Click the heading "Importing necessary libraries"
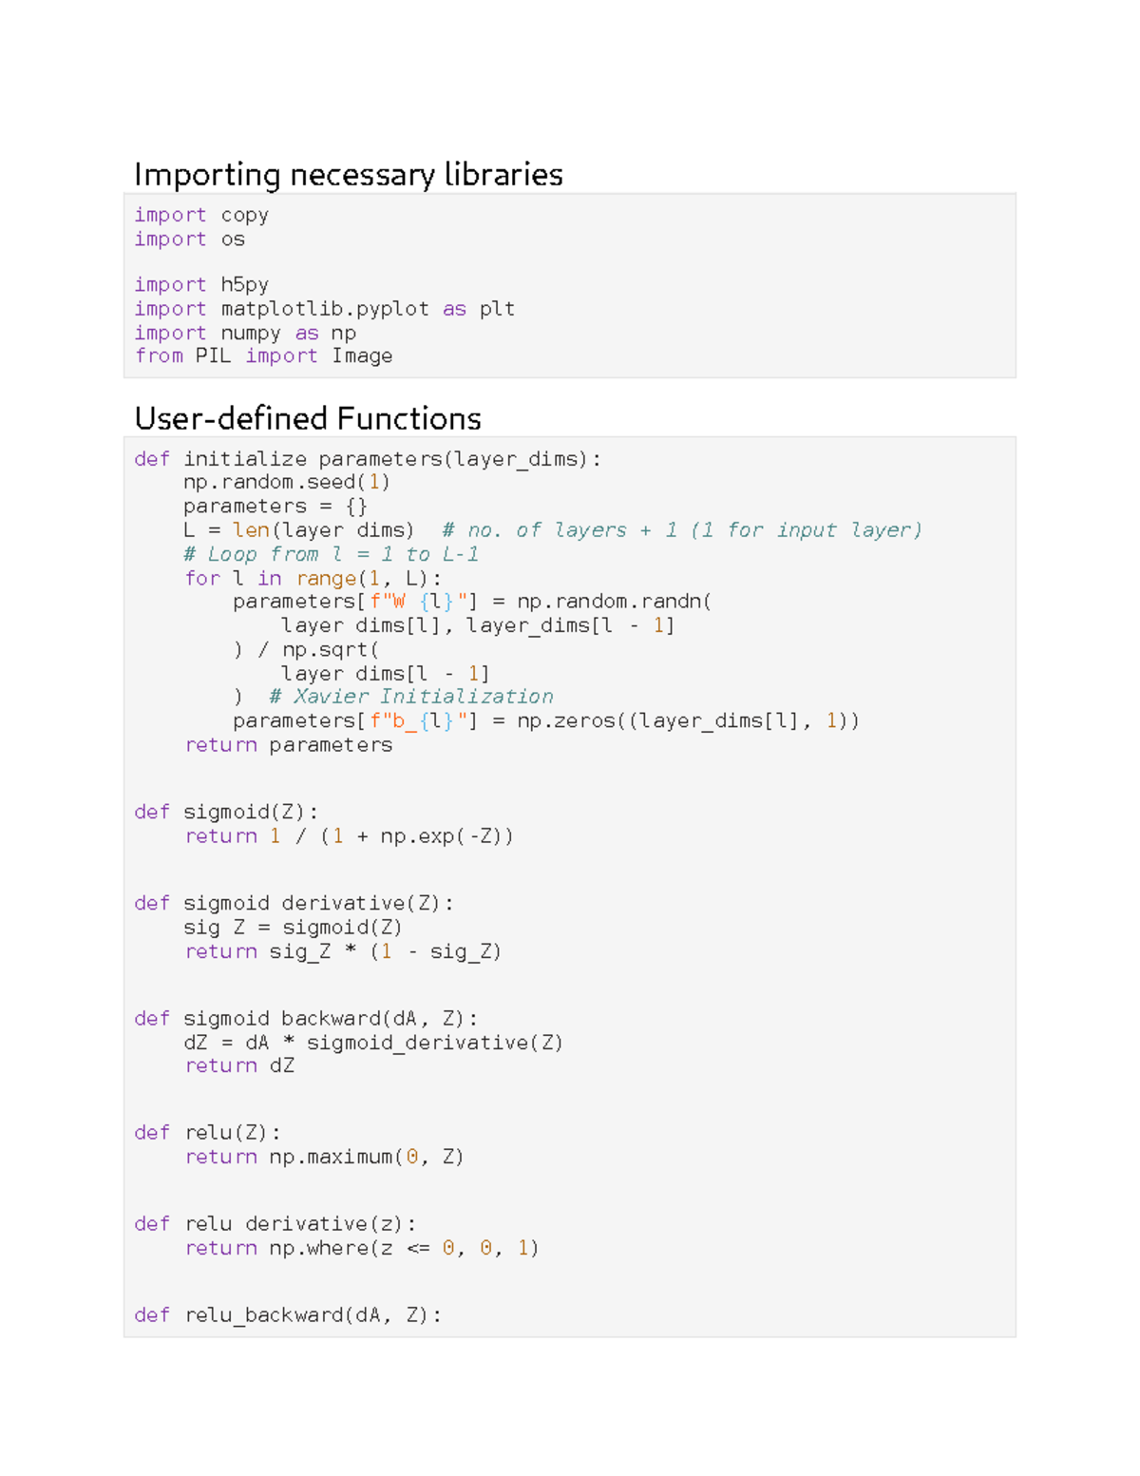click(x=348, y=175)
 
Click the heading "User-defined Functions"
click(x=308, y=418)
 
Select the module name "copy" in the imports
click(x=244, y=216)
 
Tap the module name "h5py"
click(x=244, y=285)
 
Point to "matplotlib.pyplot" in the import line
click(x=324, y=309)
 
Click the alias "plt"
click(x=497, y=309)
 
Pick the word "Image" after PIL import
click(x=362, y=356)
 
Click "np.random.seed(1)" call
click(x=286, y=482)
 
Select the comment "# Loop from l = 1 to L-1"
click(x=331, y=554)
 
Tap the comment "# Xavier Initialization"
click(x=410, y=697)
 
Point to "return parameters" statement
click(x=289, y=745)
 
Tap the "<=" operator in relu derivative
click(x=418, y=1248)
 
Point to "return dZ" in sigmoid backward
click(x=239, y=1066)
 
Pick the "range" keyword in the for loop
click(x=326, y=579)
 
